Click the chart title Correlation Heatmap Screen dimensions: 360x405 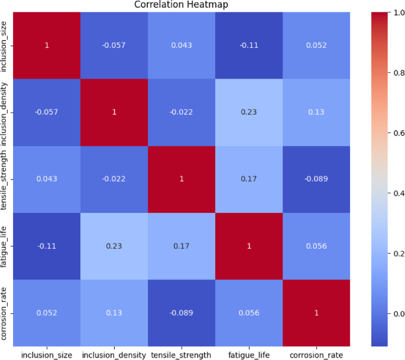pyautogui.click(x=181, y=5)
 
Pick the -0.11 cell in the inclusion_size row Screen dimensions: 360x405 pyautogui.click(x=248, y=45)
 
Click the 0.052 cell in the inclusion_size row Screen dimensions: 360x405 pyautogui.click(x=316, y=45)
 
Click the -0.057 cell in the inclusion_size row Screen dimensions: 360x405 pyautogui.click(x=114, y=45)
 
